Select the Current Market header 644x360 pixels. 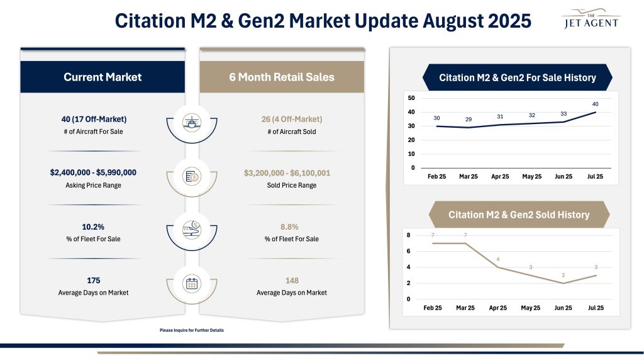click(103, 77)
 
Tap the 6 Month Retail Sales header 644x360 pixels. click(281, 77)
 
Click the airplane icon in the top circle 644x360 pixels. click(191, 122)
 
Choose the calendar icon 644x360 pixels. click(191, 284)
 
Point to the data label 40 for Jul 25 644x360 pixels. click(595, 104)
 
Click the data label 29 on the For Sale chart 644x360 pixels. click(469, 119)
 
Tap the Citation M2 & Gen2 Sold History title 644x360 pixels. click(518, 215)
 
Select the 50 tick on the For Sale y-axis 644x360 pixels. click(411, 98)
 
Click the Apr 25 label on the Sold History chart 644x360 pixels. click(497, 308)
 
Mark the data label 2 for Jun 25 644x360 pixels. click(563, 275)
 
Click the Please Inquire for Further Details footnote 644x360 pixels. click(192, 330)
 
